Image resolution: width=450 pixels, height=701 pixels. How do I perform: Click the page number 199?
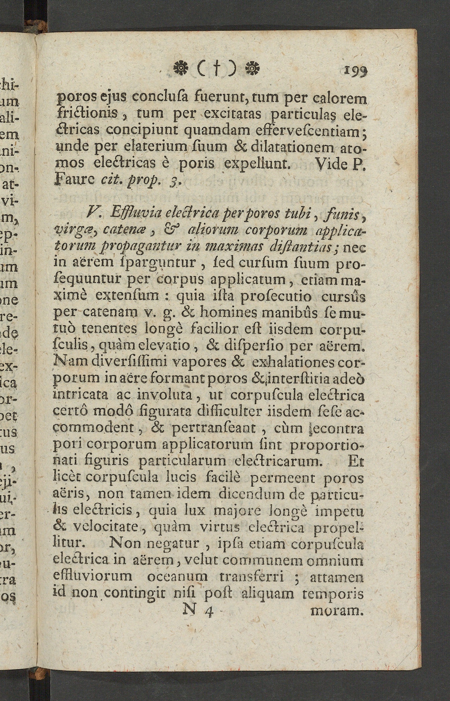(x=355, y=70)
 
